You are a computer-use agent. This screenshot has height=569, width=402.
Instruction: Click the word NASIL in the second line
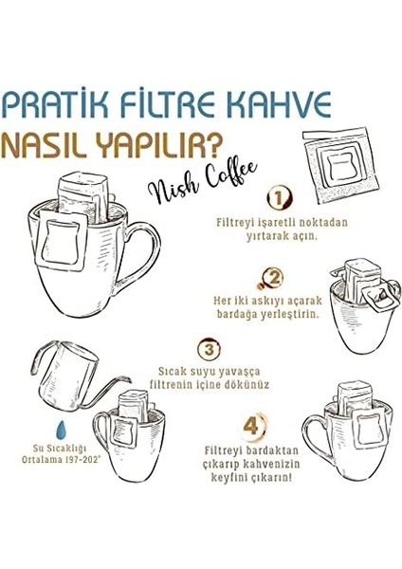(x=50, y=143)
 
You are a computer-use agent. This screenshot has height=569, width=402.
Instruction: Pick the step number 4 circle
(x=249, y=427)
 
